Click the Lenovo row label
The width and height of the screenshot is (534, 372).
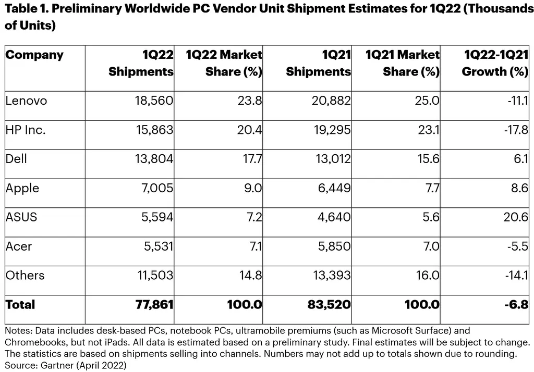(x=26, y=101)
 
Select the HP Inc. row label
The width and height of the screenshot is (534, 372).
(x=26, y=130)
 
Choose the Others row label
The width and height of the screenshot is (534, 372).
(x=25, y=275)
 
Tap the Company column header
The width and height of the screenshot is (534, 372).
(x=34, y=55)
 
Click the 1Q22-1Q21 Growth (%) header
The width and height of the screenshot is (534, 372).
(x=495, y=63)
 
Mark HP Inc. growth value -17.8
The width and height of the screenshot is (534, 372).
(x=517, y=130)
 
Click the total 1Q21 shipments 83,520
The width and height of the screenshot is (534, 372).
(x=329, y=304)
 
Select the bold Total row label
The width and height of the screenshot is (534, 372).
(x=20, y=304)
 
